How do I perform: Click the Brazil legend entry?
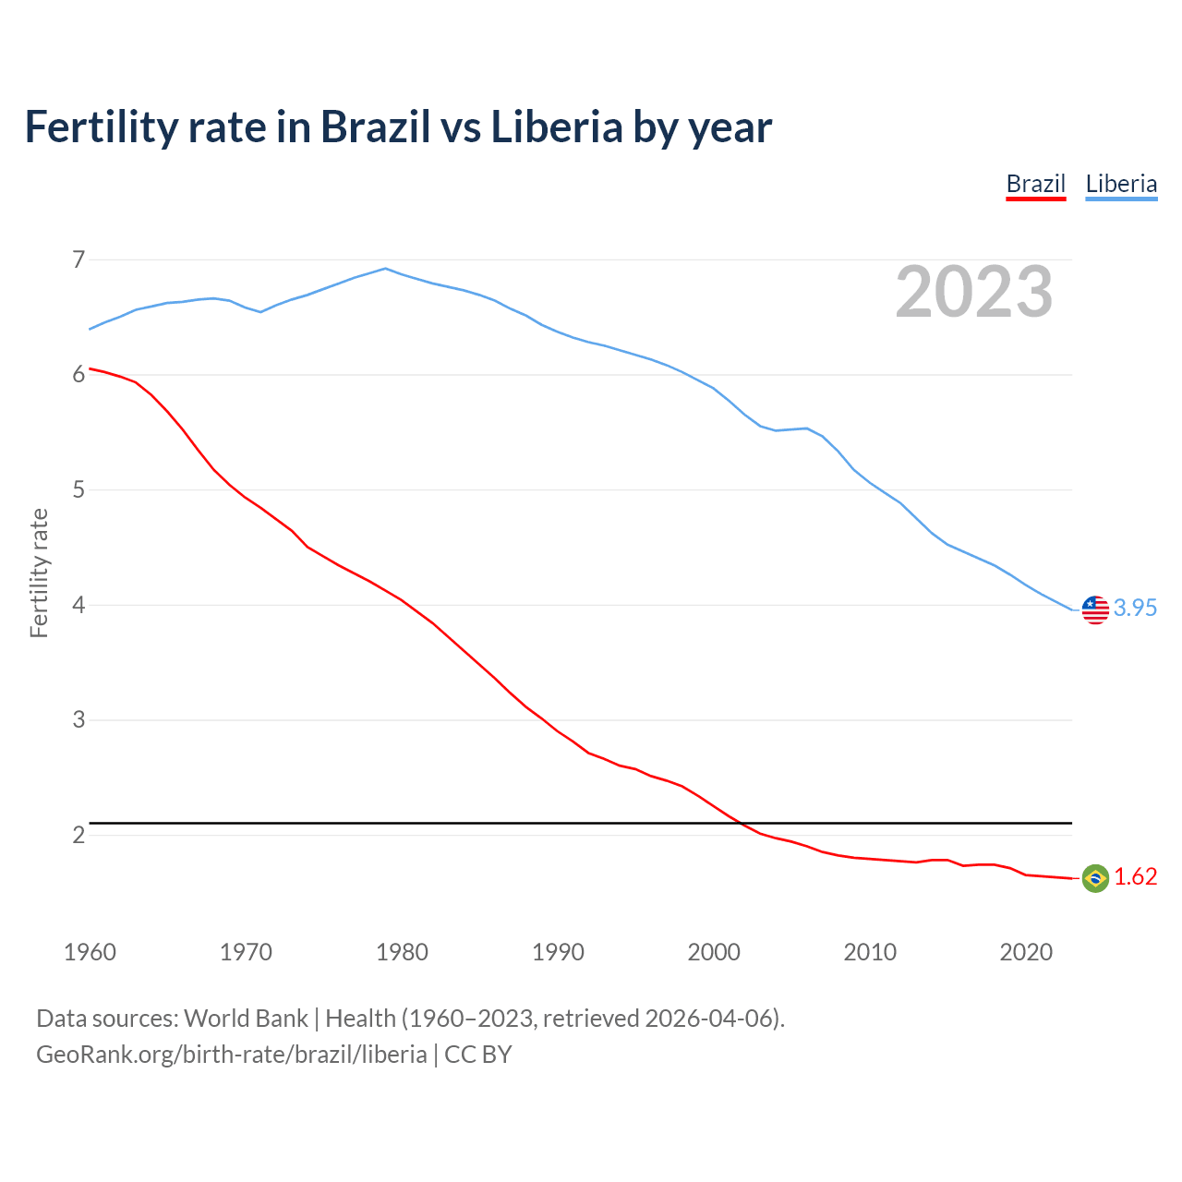point(1035,184)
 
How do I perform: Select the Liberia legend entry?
point(1121,184)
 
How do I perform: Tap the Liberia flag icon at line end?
point(1095,609)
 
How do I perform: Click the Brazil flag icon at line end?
point(1095,878)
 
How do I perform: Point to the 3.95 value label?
point(1135,608)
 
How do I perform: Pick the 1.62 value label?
point(1135,877)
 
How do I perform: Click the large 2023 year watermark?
point(974,292)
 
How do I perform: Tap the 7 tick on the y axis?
point(78,259)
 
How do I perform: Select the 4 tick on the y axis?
point(78,605)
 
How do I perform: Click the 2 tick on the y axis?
point(78,835)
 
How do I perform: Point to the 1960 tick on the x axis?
point(90,952)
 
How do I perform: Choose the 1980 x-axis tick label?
point(402,952)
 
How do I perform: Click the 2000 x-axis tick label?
point(714,952)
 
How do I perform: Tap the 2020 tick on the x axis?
point(1026,952)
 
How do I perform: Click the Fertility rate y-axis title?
point(39,573)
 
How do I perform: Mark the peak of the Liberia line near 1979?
point(386,269)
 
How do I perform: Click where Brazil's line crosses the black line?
point(742,823)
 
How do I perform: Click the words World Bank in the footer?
point(246,1019)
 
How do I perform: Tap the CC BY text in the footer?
point(477,1055)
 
